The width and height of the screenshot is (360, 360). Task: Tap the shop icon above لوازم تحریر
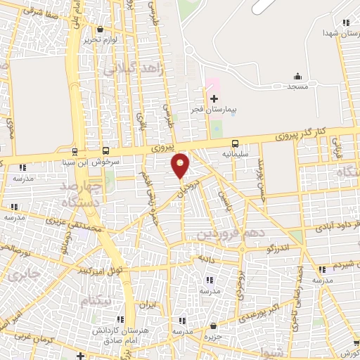(101, 30)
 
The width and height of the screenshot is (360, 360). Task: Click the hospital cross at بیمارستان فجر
(214, 98)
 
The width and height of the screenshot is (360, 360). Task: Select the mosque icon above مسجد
(297, 76)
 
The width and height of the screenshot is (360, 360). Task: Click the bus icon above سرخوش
(105, 150)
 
